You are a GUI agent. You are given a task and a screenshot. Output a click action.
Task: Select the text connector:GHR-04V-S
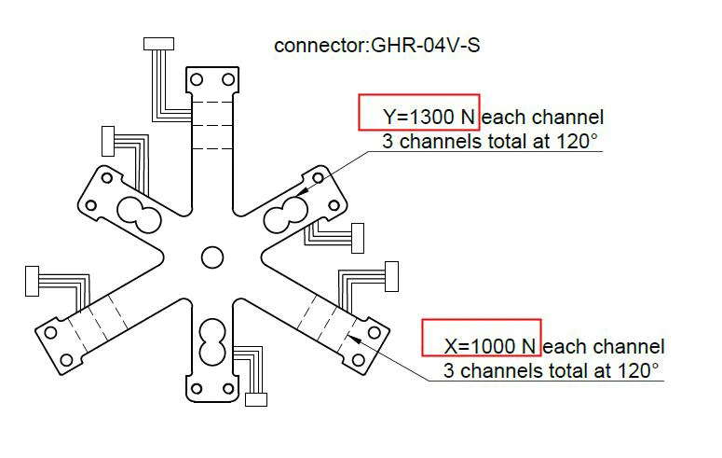click(x=377, y=45)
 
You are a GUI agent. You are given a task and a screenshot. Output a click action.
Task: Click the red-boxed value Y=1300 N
click(x=419, y=118)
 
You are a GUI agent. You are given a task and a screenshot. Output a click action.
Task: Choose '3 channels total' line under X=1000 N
click(x=551, y=370)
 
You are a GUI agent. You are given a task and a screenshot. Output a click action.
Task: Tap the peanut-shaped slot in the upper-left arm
click(x=139, y=214)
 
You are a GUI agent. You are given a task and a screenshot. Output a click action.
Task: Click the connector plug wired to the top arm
click(x=158, y=44)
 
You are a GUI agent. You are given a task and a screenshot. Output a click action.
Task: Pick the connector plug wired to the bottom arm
click(x=256, y=399)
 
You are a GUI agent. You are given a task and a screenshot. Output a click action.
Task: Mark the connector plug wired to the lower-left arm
click(x=31, y=278)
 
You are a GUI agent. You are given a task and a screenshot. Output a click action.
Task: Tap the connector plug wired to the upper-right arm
click(x=357, y=238)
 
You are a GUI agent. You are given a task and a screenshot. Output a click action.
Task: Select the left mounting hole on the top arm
click(x=197, y=80)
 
